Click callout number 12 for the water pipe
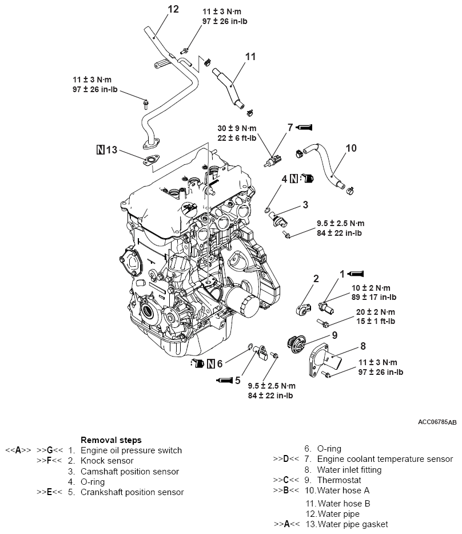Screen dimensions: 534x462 click(x=173, y=9)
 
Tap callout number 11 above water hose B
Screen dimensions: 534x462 click(x=250, y=56)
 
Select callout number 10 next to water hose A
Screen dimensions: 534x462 click(x=351, y=148)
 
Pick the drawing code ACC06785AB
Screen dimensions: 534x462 click(x=437, y=422)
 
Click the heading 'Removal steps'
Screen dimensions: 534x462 click(x=111, y=440)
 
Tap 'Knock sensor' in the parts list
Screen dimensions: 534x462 click(x=108, y=461)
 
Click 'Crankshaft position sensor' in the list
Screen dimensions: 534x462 click(x=132, y=492)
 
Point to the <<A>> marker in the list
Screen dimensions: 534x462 click(x=17, y=450)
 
